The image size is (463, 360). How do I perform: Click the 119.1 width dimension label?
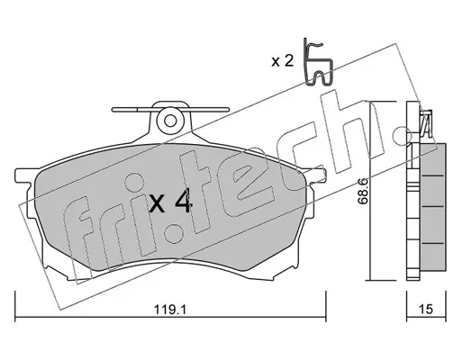tap(170, 309)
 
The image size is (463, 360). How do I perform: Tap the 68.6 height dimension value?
tap(363, 192)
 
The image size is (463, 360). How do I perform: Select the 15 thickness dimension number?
tap(426, 309)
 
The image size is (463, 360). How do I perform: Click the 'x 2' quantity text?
tap(282, 61)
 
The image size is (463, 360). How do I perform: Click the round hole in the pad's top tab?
tap(170, 121)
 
